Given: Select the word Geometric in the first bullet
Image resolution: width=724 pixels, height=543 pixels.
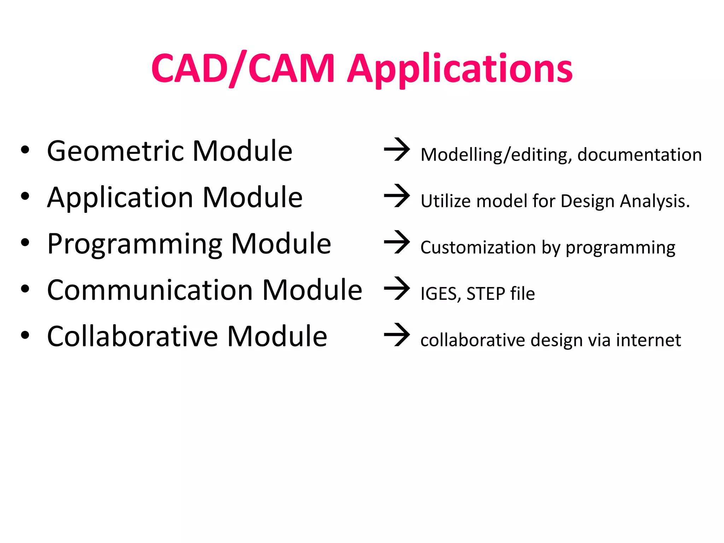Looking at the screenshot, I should pyautogui.click(x=117, y=151).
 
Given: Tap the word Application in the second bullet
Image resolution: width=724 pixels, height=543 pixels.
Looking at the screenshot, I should pyautogui.click(x=120, y=198).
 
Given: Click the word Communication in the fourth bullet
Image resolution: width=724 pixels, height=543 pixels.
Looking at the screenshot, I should pyautogui.click(x=150, y=290).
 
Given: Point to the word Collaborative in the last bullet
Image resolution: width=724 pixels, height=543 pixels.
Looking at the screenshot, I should pyautogui.click(x=133, y=337).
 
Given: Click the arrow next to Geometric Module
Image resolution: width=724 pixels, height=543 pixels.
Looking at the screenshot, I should pyautogui.click(x=397, y=150).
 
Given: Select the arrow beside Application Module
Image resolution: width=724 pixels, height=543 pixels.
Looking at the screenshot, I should pyautogui.click(x=397, y=196).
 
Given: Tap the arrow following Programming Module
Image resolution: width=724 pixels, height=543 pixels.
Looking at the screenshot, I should pyautogui.click(x=397, y=242).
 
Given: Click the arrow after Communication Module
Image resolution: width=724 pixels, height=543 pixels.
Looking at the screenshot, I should pyautogui.click(x=397, y=288).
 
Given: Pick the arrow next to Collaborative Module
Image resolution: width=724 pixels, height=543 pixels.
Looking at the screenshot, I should pyautogui.click(x=397, y=335).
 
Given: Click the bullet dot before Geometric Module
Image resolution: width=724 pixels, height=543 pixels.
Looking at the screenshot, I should pyautogui.click(x=25, y=150).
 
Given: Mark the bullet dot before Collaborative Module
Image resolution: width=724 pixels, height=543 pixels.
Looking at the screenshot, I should pyautogui.click(x=25, y=335).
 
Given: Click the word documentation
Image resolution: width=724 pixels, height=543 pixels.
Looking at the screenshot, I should pyautogui.click(x=639, y=155).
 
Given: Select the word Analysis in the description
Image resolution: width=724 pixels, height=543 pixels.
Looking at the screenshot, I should pyautogui.click(x=655, y=202).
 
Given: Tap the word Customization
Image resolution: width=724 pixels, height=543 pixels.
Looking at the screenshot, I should pyautogui.click(x=478, y=247).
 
